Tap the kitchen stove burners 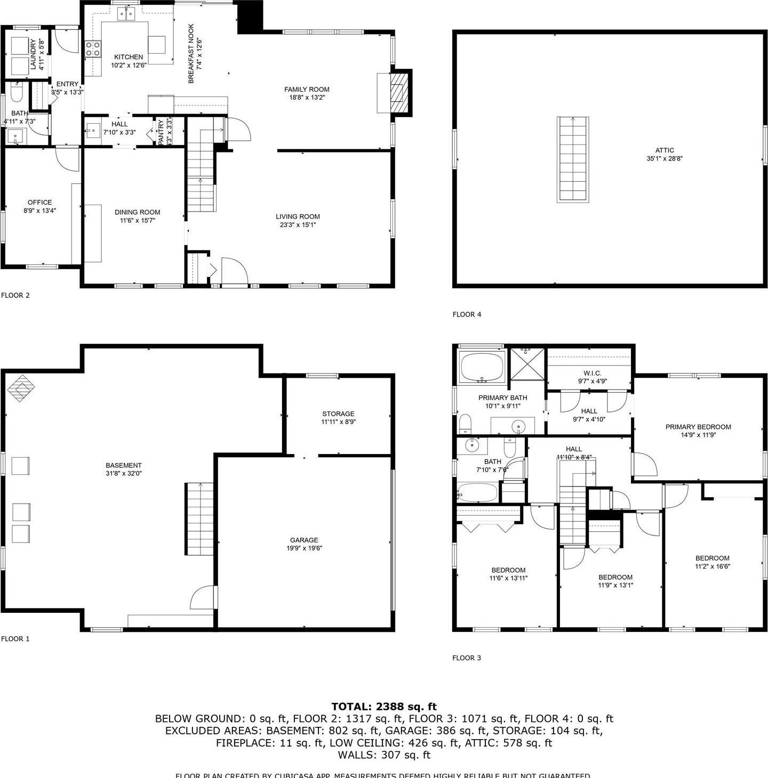pos(93,49)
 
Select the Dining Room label pos(138,212)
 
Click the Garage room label pos(304,540)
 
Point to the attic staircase pos(573,159)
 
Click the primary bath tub pos(482,367)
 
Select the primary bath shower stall pos(527,363)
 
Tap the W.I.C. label pos(593,373)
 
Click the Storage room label pos(338,414)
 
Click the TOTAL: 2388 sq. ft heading pos(384,707)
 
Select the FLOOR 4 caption pos(467,314)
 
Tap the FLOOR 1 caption pos(15,638)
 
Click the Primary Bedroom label pos(698,426)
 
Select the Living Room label pos(298,216)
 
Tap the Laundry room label pos(33,54)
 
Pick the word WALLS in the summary pos(357,755)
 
